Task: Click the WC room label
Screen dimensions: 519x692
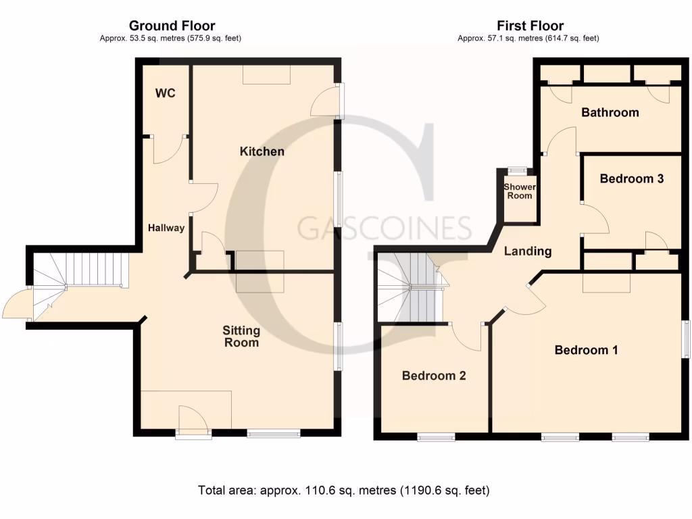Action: (166, 93)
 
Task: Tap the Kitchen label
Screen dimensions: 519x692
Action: (262, 151)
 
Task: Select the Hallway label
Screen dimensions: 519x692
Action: (166, 228)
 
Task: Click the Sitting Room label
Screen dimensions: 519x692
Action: (241, 337)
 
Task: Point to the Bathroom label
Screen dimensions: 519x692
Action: (610, 112)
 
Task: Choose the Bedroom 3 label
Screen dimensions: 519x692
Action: (632, 178)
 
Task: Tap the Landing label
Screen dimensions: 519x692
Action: (528, 251)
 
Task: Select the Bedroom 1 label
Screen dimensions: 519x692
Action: (587, 350)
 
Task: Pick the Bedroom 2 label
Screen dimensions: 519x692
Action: (434, 376)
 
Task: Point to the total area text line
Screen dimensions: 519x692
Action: (343, 490)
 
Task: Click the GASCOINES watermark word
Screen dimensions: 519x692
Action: (385, 228)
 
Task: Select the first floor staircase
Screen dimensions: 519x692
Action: (410, 287)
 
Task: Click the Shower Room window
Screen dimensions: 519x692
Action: (518, 170)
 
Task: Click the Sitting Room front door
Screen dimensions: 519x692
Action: (193, 421)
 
